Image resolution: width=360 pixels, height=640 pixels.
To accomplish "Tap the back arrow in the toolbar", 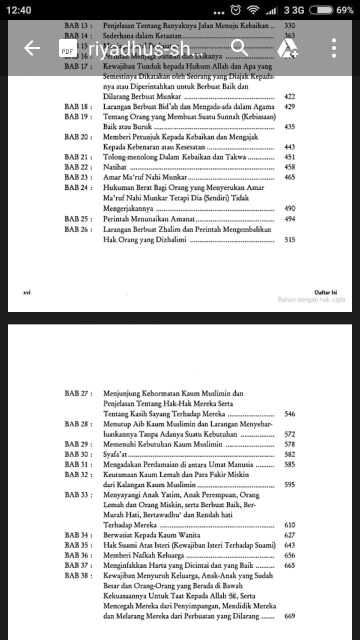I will tap(32, 48).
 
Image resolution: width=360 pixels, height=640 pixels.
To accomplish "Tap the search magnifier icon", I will tap(239, 48).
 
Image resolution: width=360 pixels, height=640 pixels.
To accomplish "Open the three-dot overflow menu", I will tap(333, 48).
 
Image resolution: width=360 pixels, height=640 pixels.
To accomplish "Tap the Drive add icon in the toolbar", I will tap(287, 48).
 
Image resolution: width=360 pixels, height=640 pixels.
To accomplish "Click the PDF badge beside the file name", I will tap(67, 50).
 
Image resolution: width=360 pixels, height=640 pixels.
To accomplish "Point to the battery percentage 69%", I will tap(344, 10).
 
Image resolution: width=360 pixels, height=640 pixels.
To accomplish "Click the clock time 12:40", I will tap(18, 10).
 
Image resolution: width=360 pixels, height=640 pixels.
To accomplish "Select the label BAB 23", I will tap(78, 177).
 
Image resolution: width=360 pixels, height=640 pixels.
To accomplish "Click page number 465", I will tap(289, 177).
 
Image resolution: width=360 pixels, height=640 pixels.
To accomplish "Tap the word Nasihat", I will tap(114, 167).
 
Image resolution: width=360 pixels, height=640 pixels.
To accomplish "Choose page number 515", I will tap(289, 240).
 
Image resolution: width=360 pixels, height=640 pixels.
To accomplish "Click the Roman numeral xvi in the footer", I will tap(27, 292).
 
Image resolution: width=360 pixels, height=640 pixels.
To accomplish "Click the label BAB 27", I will tap(78, 393).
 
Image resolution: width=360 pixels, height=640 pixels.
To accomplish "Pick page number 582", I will tap(289, 454).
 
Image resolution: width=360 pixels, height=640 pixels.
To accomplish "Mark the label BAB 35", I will tap(78, 545).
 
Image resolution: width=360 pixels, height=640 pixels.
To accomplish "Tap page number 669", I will tap(289, 616).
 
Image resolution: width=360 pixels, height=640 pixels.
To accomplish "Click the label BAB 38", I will tap(78, 576).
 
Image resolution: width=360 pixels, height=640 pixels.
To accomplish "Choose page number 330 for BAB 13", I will tap(289, 25).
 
